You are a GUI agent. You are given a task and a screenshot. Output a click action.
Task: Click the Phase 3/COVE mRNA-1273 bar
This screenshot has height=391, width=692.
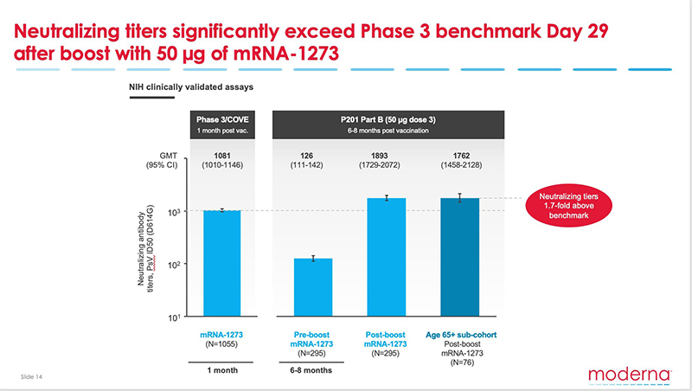[x=221, y=263]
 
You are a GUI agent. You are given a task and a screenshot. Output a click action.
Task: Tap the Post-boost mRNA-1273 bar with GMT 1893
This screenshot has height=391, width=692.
[x=386, y=257]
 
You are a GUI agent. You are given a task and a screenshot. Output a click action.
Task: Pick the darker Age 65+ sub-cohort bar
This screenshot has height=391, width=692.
[x=460, y=257]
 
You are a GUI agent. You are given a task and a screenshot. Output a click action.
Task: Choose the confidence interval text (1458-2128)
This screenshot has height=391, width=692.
[x=460, y=170]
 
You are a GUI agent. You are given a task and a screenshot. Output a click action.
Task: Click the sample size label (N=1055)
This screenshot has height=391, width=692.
[x=222, y=343]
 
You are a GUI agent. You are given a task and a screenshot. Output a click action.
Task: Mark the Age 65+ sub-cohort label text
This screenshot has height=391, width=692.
[x=460, y=332]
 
